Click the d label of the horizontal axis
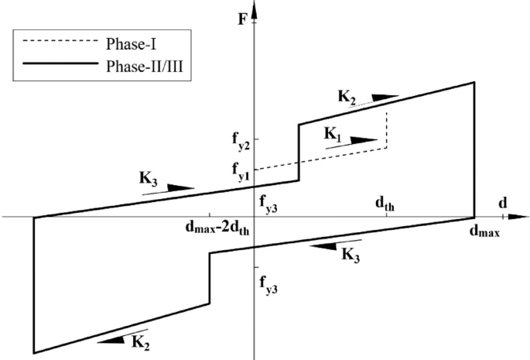click(504, 203)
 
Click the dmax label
click(485, 231)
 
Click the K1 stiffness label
click(333, 134)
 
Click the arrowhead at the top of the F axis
click(255, 8)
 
